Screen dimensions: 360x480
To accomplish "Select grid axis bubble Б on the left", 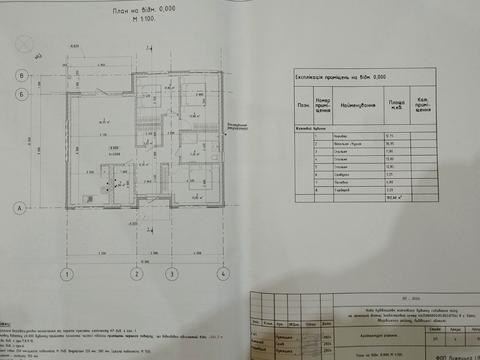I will (x=20, y=96).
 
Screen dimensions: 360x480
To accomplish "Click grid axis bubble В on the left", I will (x=20, y=75).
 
